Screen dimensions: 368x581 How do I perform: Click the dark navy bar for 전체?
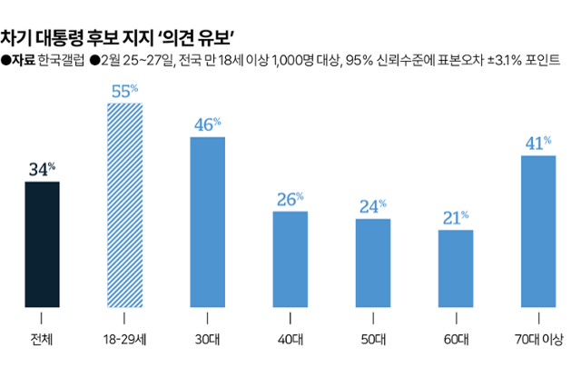pyautogui.click(x=43, y=244)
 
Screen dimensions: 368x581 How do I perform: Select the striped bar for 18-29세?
pyautogui.click(x=124, y=204)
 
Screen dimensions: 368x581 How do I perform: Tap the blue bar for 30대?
pyautogui.click(x=207, y=222)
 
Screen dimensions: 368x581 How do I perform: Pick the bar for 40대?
pyautogui.click(x=290, y=259)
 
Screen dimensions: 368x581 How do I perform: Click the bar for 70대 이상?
pyautogui.click(x=537, y=231)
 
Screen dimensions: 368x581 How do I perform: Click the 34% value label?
pyautogui.click(x=43, y=169)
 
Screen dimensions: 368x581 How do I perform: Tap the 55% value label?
pyautogui.click(x=124, y=90)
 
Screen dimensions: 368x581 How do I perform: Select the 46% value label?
pyautogui.click(x=207, y=124)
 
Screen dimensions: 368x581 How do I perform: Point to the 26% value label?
pyautogui.click(x=290, y=199)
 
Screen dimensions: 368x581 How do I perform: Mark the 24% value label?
pyautogui.click(x=372, y=206)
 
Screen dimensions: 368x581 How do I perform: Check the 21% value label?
pyautogui.click(x=455, y=217)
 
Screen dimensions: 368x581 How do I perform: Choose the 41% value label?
pyautogui.click(x=537, y=143)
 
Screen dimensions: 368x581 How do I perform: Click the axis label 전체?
pyautogui.click(x=42, y=340)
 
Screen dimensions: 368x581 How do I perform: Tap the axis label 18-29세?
pyautogui.click(x=124, y=340)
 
